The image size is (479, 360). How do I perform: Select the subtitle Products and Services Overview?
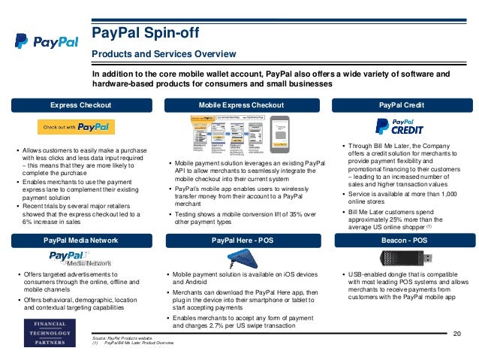tap(164, 54)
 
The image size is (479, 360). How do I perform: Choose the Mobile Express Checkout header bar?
tap(241, 104)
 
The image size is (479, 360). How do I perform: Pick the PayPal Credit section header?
tap(402, 104)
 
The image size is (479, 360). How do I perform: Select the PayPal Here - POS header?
tap(241, 240)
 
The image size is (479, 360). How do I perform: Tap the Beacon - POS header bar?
tap(402, 240)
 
